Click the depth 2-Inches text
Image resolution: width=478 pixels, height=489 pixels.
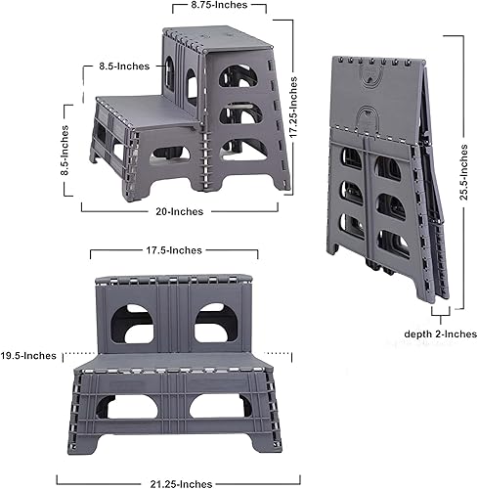pos(440,333)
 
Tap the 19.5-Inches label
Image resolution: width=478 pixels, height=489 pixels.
pos(29,355)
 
